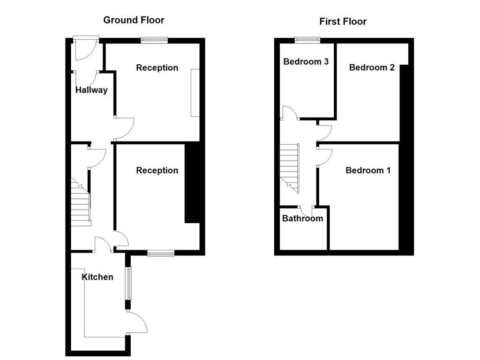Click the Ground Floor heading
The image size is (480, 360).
click(134, 20)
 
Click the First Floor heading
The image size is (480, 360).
click(343, 21)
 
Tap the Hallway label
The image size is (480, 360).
click(91, 90)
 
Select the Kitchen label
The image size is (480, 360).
click(97, 277)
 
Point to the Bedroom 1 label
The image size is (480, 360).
click(367, 170)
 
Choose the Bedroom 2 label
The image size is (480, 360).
click(372, 67)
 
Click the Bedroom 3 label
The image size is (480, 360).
click(306, 61)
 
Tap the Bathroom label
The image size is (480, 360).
click(302, 218)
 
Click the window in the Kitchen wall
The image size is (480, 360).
click(127, 283)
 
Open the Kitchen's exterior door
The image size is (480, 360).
click(137, 323)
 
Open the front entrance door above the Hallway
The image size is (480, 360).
click(85, 49)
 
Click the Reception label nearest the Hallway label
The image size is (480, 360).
click(157, 67)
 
